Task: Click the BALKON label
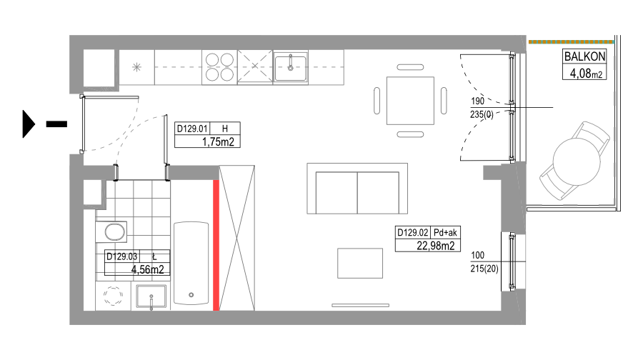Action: pyautogui.click(x=584, y=56)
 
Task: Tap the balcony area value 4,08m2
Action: pyautogui.click(x=586, y=74)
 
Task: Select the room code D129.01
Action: pyautogui.click(x=192, y=129)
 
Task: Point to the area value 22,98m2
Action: pyautogui.click(x=436, y=246)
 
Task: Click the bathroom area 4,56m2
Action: pyautogui.click(x=148, y=269)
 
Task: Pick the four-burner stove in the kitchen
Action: pyautogui.click(x=219, y=67)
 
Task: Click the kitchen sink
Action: pyautogui.click(x=290, y=68)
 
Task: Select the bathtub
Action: pyautogui.click(x=191, y=264)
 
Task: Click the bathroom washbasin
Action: pyautogui.click(x=151, y=296)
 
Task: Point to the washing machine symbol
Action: pyautogui.click(x=113, y=296)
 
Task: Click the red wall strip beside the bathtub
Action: pyautogui.click(x=216, y=245)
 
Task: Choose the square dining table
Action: pyautogui.click(x=410, y=101)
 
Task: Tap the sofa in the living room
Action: pyautogui.click(x=357, y=189)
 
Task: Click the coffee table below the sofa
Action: pyautogui.click(x=360, y=264)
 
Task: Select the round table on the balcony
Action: pyautogui.click(x=576, y=161)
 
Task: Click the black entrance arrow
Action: pyautogui.click(x=29, y=124)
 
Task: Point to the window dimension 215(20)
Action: pyautogui.click(x=484, y=269)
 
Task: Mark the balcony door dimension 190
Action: pyautogui.click(x=477, y=101)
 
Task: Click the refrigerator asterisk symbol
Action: pyautogui.click(x=136, y=67)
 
